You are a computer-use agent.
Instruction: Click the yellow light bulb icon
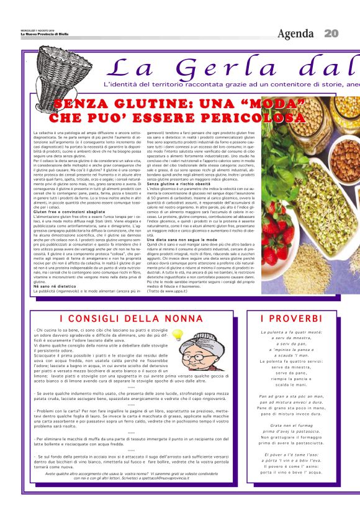click(x=178, y=335)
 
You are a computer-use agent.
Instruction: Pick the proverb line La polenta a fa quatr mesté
click(x=289, y=332)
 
